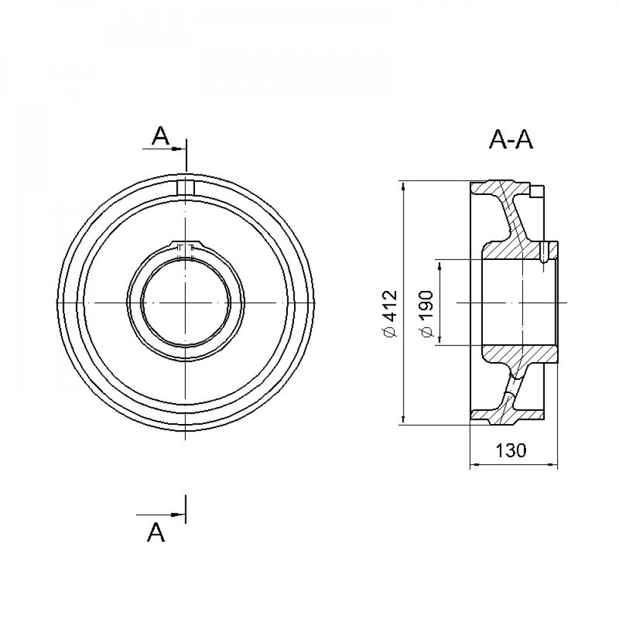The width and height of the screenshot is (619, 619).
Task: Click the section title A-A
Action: click(511, 139)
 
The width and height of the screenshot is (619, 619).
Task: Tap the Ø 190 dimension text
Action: click(426, 314)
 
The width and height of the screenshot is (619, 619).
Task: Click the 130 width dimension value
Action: click(511, 451)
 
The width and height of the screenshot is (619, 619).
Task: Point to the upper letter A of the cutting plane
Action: click(161, 137)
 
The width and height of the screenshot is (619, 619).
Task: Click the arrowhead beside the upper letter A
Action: click(178, 149)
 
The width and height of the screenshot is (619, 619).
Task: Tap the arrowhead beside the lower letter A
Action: click(178, 514)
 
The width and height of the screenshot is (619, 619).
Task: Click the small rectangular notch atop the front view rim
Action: click(186, 187)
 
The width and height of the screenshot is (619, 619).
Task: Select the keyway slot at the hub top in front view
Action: click(186, 248)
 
